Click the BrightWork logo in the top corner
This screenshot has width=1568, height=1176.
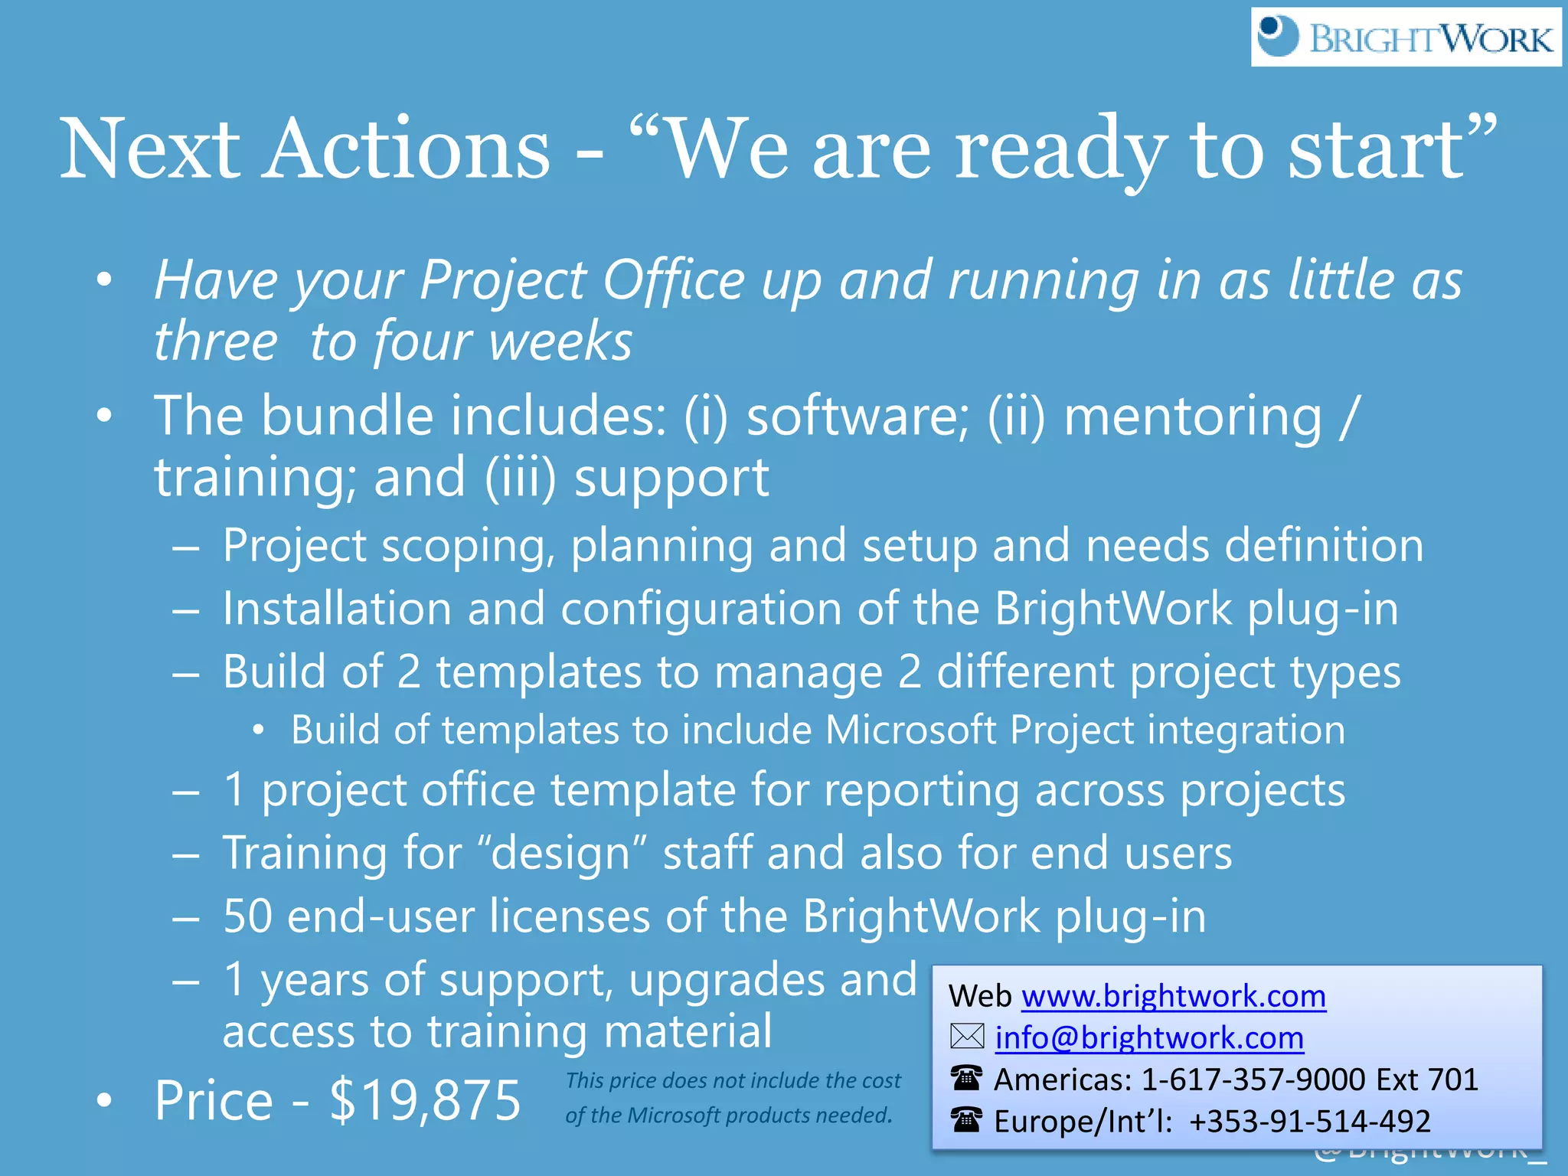1406,38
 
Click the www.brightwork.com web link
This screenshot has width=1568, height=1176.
1174,996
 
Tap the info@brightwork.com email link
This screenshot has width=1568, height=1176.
1149,1037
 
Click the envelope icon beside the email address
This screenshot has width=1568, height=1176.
967,1037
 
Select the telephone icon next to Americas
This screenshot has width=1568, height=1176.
966,1078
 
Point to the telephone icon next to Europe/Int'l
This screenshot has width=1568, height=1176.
966,1120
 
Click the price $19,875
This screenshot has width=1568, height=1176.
425,1100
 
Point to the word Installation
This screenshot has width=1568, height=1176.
337,609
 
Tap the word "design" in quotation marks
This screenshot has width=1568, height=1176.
562,853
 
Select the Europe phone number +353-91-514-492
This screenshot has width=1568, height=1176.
1310,1121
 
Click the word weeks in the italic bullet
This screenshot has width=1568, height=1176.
560,341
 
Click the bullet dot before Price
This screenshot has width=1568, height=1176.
105,1100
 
